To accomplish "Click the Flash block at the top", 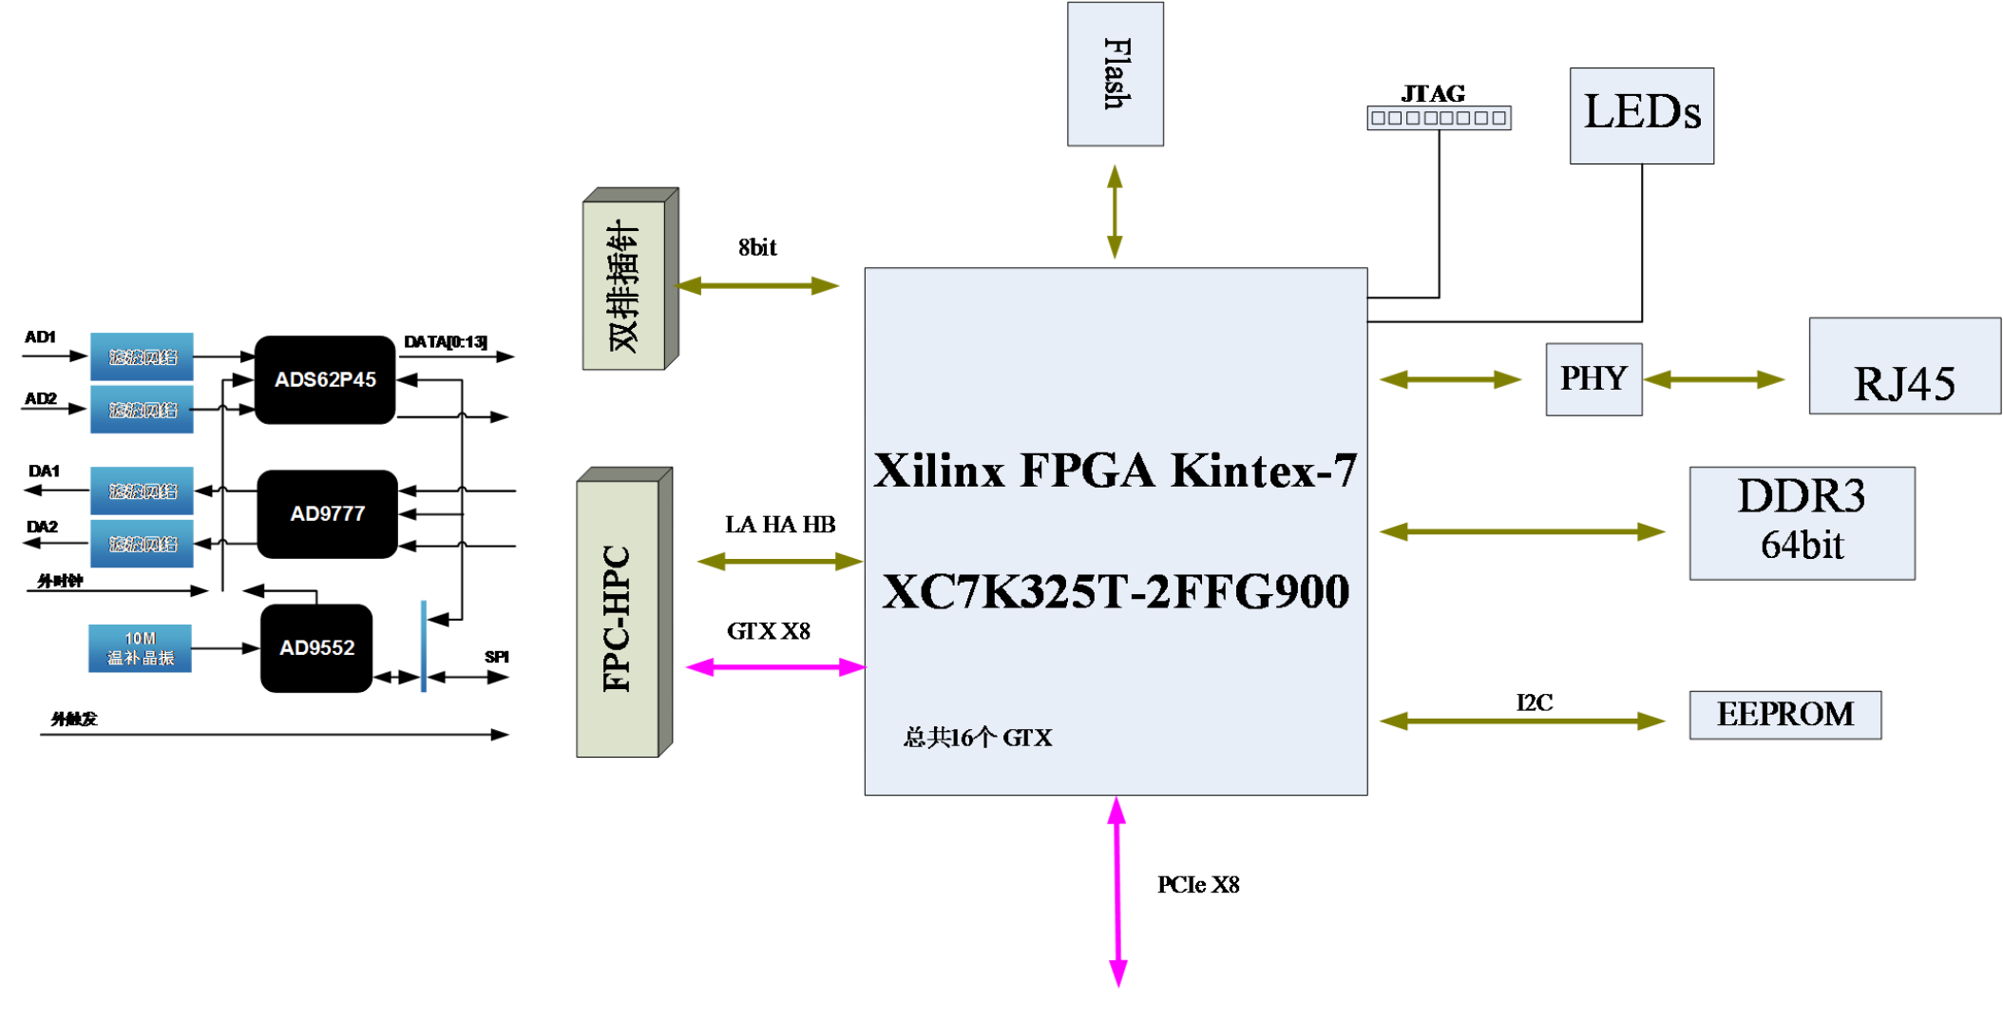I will click(x=1115, y=74).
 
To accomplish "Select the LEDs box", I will click(x=1641, y=115).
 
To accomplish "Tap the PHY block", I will click(x=1593, y=379).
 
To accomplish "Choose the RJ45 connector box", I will click(x=1904, y=367).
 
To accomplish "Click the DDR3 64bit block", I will click(x=1802, y=523).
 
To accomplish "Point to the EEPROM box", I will click(x=1784, y=715).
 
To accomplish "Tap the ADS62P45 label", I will click(x=325, y=380).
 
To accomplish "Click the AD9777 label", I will click(x=327, y=514).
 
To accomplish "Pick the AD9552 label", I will click(x=316, y=648).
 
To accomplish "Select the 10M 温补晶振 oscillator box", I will click(x=140, y=648).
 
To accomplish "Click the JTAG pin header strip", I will click(x=1439, y=118).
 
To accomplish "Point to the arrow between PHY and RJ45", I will click(x=1713, y=379).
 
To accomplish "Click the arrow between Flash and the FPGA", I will click(x=1115, y=211).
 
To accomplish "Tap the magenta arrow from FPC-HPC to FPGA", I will click(x=774, y=667).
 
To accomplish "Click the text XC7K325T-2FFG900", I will click(x=1116, y=591).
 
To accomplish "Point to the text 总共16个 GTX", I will click(x=977, y=738).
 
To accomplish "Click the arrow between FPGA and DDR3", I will click(x=1521, y=531).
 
